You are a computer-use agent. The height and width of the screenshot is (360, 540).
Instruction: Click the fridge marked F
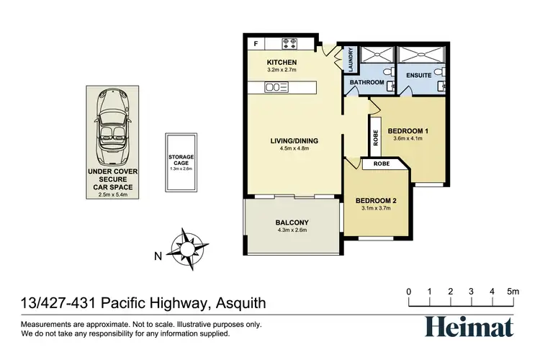256,44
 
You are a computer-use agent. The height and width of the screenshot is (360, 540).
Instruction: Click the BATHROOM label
366,83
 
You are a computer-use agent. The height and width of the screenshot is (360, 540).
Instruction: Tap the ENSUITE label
418,75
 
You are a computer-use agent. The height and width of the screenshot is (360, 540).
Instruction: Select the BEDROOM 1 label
408,130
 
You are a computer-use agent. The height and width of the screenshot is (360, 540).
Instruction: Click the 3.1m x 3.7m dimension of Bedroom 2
375,209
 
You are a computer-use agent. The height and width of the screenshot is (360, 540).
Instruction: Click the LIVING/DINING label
293,140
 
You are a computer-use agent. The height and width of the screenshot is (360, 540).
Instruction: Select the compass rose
189,248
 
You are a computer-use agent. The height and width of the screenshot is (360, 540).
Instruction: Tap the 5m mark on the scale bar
513,292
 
